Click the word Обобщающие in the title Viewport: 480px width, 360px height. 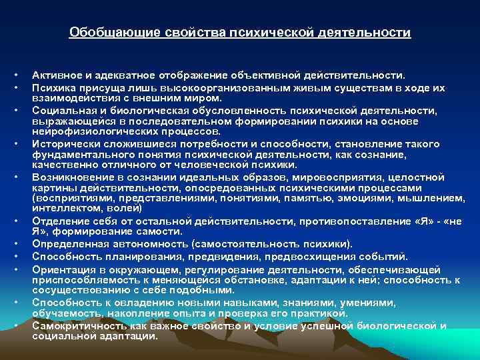103,32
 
